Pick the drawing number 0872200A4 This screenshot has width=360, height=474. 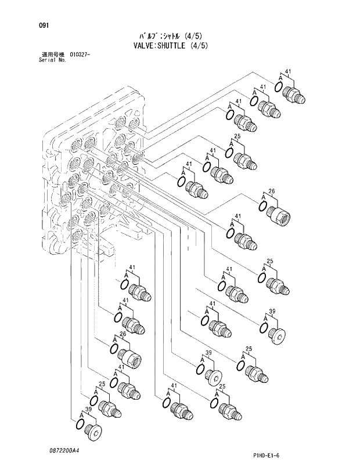click(x=64, y=450)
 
